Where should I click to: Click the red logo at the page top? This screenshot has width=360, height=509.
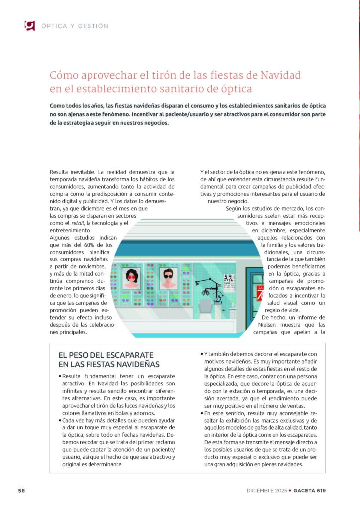coord(29,25)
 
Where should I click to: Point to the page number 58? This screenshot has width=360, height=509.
coord(21,490)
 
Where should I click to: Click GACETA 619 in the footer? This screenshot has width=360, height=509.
coord(310,490)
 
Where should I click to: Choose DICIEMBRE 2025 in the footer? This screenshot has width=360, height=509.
coord(267,490)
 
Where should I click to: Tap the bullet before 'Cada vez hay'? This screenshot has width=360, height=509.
coord(60,421)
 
